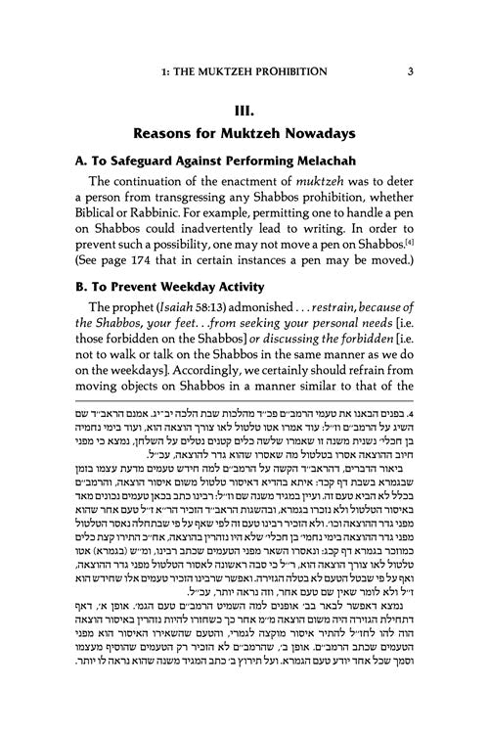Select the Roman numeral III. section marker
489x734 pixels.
pos(244,99)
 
